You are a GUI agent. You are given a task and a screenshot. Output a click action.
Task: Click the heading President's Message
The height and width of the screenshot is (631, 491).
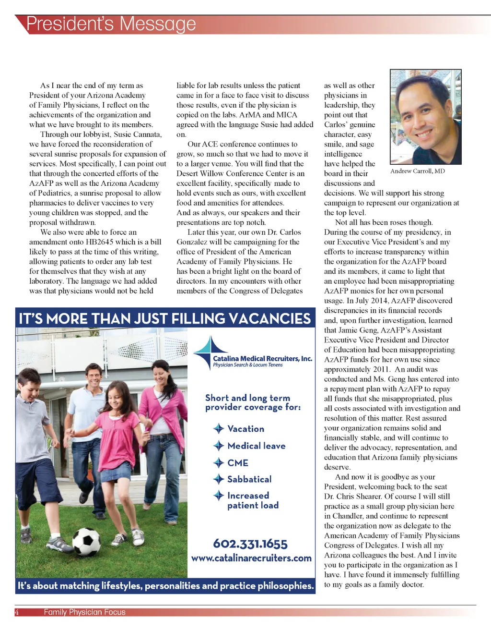111,24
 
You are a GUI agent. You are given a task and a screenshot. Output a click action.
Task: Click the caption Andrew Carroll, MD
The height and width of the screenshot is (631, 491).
417,171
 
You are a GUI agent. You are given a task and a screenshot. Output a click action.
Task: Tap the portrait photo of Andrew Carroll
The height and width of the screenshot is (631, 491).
425,117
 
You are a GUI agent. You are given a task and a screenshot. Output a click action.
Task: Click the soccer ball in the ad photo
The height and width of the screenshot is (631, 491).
86,541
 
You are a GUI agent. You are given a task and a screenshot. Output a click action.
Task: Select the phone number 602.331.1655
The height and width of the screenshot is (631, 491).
250,544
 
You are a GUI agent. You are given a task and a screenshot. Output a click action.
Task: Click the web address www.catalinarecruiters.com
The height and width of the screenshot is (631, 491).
251,558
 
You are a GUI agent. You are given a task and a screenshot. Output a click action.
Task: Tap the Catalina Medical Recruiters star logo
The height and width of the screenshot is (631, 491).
209,352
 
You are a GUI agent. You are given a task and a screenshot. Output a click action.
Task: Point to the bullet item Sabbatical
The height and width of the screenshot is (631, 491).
249,479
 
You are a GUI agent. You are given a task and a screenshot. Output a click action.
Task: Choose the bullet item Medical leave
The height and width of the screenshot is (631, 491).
256,446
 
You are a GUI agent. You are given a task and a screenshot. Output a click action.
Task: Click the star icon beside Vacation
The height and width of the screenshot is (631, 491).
219,429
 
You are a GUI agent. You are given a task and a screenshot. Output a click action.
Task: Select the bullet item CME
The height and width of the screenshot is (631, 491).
238,463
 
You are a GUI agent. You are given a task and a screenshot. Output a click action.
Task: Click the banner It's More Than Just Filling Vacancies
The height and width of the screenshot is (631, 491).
165,318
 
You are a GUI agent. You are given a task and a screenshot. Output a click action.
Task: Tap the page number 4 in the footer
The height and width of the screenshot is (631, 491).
17,612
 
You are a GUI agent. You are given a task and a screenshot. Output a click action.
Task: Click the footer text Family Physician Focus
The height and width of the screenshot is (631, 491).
84,612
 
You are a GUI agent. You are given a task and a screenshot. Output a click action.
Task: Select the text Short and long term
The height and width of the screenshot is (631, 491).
247,398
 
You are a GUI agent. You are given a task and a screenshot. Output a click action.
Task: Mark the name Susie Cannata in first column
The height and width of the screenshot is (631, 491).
138,134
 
